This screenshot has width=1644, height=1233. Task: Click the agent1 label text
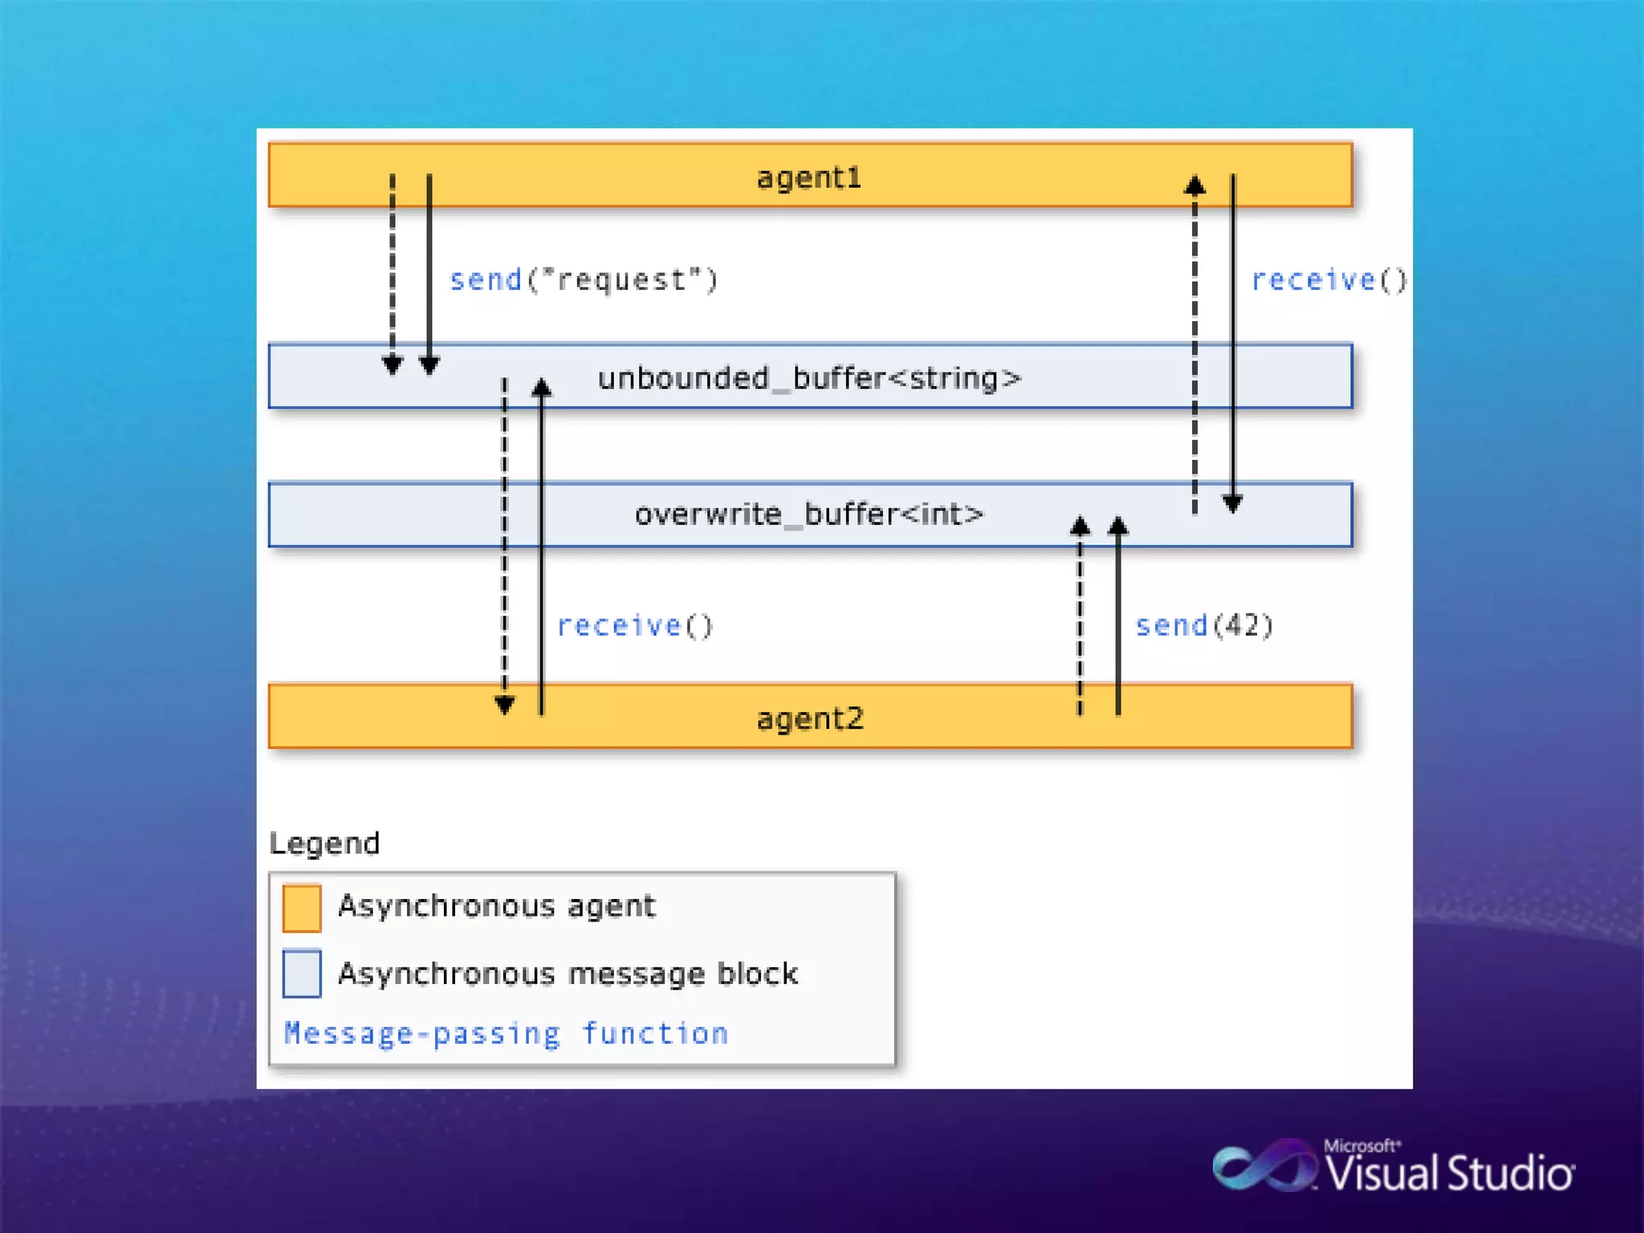tap(808, 177)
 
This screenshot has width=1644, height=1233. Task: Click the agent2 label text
tap(809, 718)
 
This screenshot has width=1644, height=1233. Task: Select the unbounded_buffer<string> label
tap(809, 377)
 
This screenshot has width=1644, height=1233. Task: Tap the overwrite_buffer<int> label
tap(808, 514)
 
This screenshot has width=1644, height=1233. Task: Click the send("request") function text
tap(584, 279)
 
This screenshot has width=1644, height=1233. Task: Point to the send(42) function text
tap(1203, 625)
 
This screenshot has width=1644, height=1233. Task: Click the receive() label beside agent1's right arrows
tap(1329, 279)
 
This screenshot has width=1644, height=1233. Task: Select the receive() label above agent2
tap(634, 625)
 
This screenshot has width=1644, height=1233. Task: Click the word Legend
tap(324, 843)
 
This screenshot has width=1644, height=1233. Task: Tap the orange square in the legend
tap(302, 908)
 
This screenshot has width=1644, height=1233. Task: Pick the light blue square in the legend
tap(302, 973)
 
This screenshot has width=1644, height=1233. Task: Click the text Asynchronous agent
tap(496, 905)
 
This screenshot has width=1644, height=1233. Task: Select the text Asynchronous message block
tap(568, 973)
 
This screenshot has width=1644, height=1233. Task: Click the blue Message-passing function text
tap(506, 1033)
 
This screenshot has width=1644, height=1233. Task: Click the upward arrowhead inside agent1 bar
tap(1194, 186)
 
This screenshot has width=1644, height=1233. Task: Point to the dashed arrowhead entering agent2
tap(504, 705)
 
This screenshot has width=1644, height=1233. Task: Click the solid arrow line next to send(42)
tap(1118, 618)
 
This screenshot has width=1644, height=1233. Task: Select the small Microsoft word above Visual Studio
tap(1361, 1146)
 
